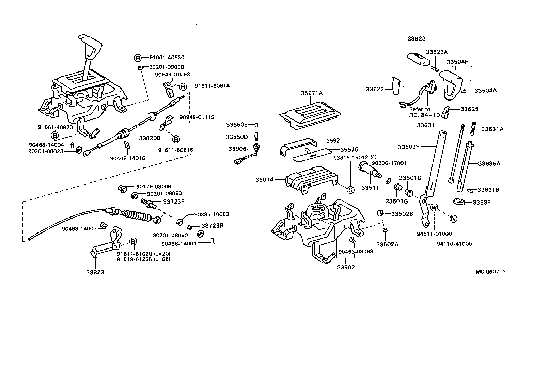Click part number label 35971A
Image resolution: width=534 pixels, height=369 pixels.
click(312, 93)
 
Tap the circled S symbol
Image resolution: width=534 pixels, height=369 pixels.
click(350, 190)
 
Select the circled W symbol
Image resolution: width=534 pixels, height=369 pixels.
click(434, 207)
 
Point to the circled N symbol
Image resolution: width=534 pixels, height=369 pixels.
click(453, 219)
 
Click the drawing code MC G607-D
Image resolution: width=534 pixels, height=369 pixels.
click(490, 272)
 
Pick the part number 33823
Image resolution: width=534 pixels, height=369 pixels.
click(95, 272)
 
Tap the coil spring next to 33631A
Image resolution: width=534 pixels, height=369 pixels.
click(473, 129)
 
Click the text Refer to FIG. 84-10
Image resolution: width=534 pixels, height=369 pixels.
click(420, 112)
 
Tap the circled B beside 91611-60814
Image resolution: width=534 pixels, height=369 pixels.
click(183, 87)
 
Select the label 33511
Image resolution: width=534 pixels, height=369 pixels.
click(368, 188)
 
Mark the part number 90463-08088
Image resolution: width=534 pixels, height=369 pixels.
click(356, 251)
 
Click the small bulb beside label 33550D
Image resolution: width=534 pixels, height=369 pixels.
click(257, 137)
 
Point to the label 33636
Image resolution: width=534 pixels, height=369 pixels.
click(482, 202)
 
